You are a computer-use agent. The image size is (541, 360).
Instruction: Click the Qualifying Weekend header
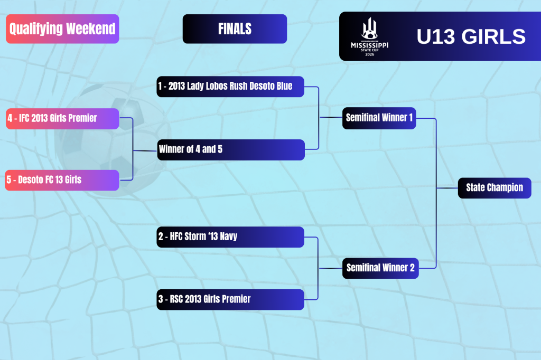click(62, 29)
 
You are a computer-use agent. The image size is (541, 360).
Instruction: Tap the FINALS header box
click(235, 29)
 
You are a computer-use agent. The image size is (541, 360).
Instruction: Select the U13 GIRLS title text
click(471, 36)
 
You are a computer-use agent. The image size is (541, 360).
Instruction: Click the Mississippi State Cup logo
click(369, 36)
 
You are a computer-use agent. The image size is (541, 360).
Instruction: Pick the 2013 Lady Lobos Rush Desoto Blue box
click(230, 87)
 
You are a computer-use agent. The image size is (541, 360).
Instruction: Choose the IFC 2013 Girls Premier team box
click(62, 119)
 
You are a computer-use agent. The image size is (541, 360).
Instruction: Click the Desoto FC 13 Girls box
click(62, 180)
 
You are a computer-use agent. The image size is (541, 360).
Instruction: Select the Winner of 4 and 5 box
click(231, 150)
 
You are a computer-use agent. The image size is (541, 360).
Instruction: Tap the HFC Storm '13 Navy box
click(230, 237)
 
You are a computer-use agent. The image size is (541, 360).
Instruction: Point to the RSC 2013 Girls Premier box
click(230, 300)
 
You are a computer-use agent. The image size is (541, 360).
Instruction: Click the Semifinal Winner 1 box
click(379, 118)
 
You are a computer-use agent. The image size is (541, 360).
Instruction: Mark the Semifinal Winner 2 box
click(380, 268)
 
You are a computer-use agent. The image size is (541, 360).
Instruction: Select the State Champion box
click(495, 188)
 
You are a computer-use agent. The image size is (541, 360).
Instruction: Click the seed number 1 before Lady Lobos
click(160, 86)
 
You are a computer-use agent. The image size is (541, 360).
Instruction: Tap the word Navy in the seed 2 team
click(228, 236)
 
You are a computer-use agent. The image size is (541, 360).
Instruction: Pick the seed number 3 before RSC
click(161, 299)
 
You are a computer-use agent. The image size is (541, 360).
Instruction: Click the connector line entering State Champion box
click(447, 188)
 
